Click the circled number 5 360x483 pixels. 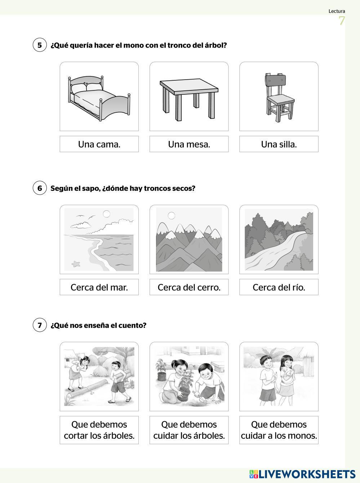[x=40, y=45]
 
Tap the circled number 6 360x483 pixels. [x=40, y=188]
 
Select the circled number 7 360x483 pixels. [x=40, y=325]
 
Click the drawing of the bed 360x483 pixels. [x=99, y=98]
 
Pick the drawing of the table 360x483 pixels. [x=189, y=99]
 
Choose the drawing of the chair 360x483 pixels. [x=280, y=97]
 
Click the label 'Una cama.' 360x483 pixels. [x=99, y=144]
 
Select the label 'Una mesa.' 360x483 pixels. [x=189, y=144]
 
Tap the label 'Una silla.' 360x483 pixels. [x=279, y=144]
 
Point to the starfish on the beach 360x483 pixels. [x=76, y=264]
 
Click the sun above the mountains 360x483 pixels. [x=172, y=216]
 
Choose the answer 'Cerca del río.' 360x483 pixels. [x=279, y=287]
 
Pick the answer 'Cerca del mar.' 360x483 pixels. [x=99, y=287]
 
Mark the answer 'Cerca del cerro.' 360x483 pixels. [x=189, y=287]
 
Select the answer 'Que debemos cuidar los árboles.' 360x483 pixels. [x=189, y=430]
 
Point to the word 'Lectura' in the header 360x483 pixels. [x=337, y=11]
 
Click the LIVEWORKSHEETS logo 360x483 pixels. [x=302, y=474]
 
